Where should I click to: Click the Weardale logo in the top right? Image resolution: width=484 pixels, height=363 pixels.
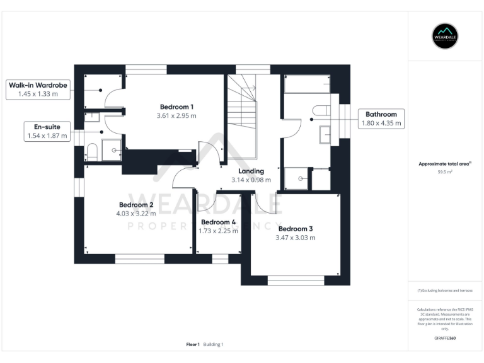click(445, 36)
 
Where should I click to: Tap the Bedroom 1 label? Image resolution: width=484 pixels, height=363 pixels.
click(176, 106)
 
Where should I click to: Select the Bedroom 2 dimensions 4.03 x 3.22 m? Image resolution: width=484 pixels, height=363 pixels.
click(135, 214)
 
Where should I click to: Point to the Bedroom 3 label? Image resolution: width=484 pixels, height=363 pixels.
click(295, 229)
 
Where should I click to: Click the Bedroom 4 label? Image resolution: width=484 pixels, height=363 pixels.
click(218, 222)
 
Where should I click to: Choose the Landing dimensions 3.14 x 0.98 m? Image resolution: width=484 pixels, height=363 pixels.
click(251, 180)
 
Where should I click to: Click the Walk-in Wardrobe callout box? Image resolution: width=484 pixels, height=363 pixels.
click(37, 89)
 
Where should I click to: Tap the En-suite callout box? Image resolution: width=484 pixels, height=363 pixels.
click(47, 131)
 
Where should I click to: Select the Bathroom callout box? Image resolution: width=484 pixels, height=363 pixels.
click(381, 118)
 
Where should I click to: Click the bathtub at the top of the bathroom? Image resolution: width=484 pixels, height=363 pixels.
click(307, 84)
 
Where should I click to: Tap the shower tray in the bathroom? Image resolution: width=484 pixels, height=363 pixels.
click(297, 178)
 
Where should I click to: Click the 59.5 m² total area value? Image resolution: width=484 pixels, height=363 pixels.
click(445, 171)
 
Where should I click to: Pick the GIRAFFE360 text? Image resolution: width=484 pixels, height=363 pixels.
click(445, 338)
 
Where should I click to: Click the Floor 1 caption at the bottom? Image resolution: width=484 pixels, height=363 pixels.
click(193, 344)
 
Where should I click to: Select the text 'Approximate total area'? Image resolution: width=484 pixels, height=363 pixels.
click(444, 164)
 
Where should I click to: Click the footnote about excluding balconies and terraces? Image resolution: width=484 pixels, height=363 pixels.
click(445, 291)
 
